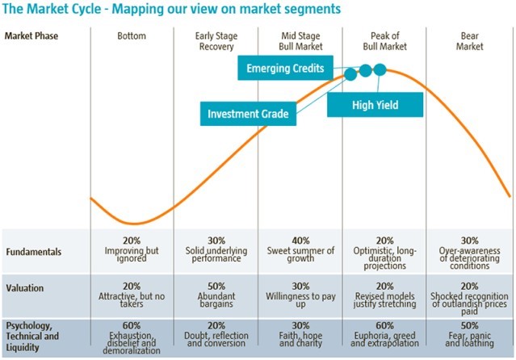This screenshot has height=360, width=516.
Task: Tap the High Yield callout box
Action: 375,105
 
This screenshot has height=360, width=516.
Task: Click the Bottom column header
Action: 132,36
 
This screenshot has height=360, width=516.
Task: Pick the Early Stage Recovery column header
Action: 216,41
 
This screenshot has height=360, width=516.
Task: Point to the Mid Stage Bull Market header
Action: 300,41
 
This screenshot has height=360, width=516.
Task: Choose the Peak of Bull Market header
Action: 384,41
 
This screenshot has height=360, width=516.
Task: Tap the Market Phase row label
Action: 31,36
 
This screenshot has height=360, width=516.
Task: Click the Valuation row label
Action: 26,287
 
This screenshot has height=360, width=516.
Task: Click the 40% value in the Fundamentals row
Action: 300,241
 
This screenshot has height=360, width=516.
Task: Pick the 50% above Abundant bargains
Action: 216,286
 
